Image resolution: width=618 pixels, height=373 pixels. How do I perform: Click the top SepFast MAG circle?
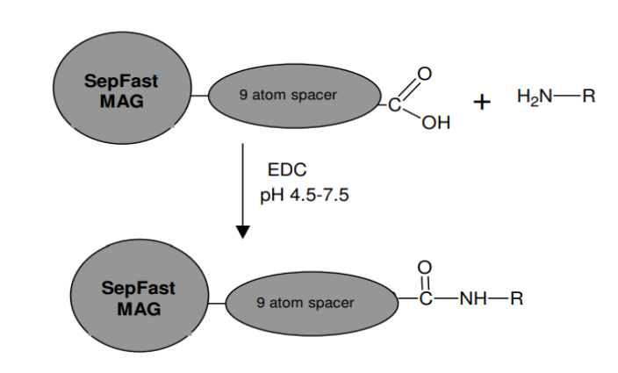pyautogui.click(x=122, y=88)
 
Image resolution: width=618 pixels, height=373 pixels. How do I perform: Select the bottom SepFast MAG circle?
pyautogui.click(x=140, y=295)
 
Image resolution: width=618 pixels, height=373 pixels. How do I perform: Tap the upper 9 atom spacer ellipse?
pyautogui.click(x=294, y=96)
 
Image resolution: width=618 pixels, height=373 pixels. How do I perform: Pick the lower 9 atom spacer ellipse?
pyautogui.click(x=312, y=304)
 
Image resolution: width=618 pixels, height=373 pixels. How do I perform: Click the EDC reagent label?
pyautogui.click(x=287, y=169)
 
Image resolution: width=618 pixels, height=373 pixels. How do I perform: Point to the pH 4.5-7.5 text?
pyautogui.click(x=305, y=195)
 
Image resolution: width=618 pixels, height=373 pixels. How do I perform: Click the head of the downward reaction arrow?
pyautogui.click(x=243, y=232)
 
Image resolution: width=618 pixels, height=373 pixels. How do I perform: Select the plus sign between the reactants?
pyautogui.click(x=482, y=103)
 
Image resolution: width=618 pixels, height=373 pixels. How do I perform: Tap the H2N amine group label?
pyautogui.click(x=535, y=97)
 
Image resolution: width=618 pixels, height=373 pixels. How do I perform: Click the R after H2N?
pyautogui.click(x=589, y=96)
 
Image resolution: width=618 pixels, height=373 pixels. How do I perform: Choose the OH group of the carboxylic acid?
pyautogui.click(x=436, y=123)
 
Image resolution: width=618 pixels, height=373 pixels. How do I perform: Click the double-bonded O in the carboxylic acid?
pyautogui.click(x=425, y=74)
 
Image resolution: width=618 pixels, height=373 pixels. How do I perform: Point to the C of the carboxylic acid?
pyautogui.click(x=394, y=105)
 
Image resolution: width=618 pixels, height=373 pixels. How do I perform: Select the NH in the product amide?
pyautogui.click(x=473, y=298)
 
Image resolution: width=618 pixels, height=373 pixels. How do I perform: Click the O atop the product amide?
pyautogui.click(x=425, y=268)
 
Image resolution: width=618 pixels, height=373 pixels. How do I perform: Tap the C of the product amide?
pyautogui.click(x=426, y=298)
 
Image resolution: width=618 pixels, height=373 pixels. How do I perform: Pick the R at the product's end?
pyautogui.click(x=517, y=298)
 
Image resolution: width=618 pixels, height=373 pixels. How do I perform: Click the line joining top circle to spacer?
pyautogui.click(x=200, y=96)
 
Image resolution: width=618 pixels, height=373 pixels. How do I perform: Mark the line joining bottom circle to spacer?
pyautogui.click(x=217, y=304)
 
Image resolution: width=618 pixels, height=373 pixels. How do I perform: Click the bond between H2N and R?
pyautogui.click(x=567, y=96)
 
